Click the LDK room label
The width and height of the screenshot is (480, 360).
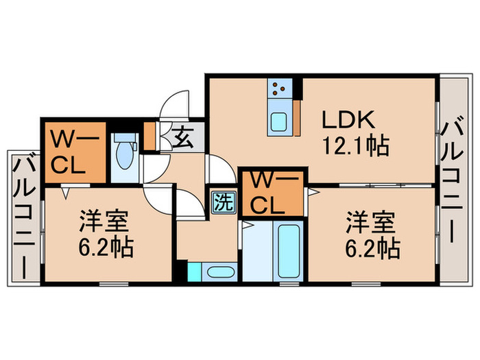click(348, 120)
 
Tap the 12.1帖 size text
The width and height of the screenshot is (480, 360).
click(356, 145)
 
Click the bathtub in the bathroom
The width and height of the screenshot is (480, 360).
click(289, 251)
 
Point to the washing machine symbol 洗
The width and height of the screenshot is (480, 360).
click(225, 202)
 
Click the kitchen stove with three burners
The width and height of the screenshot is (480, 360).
click(279, 88)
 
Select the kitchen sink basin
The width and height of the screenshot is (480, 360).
click(279, 121)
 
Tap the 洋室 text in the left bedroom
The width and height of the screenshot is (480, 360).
click(104, 221)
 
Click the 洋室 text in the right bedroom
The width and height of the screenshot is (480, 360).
click(371, 223)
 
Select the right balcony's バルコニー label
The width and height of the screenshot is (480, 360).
click(452, 180)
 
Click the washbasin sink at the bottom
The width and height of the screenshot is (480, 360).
click(219, 272)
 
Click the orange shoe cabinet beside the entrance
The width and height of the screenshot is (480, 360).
click(149, 136)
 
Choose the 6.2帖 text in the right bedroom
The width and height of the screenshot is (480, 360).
click(372, 248)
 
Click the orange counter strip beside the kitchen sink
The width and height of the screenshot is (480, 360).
click(297, 118)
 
